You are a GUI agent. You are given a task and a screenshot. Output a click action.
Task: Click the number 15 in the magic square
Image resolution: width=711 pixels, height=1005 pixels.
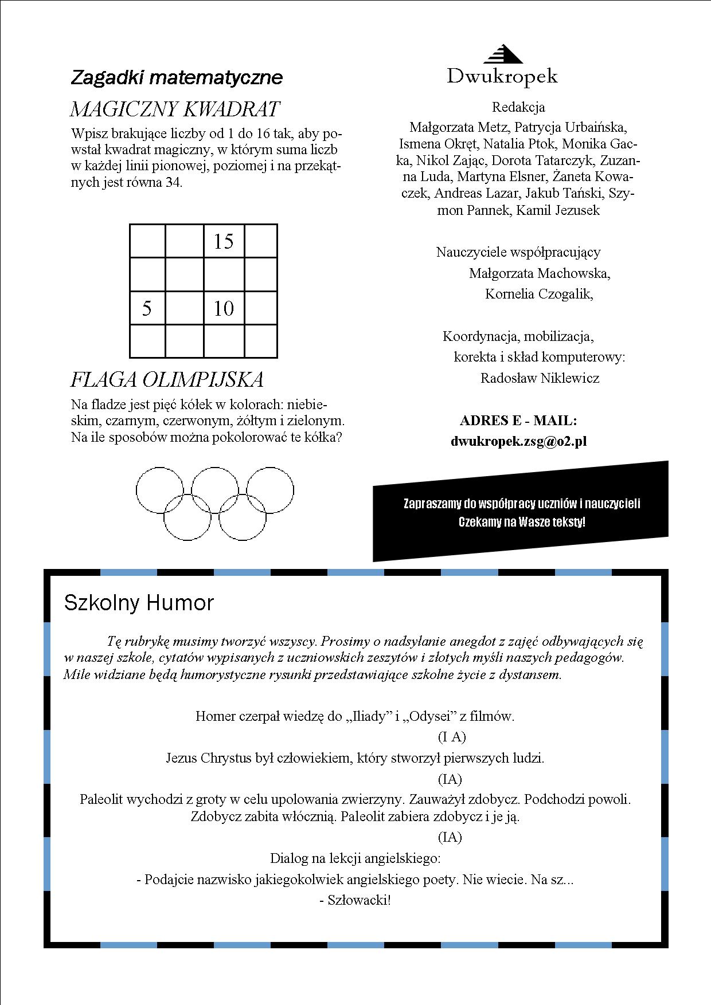[224, 242]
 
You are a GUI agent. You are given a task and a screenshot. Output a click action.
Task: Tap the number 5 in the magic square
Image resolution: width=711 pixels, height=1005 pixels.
[147, 309]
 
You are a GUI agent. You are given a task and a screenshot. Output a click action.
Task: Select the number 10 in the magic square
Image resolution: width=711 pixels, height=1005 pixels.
[224, 309]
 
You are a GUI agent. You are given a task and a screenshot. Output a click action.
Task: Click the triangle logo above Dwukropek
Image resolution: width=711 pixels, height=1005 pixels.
[502, 54]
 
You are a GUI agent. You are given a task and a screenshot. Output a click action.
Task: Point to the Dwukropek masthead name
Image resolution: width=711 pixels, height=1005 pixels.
[502, 76]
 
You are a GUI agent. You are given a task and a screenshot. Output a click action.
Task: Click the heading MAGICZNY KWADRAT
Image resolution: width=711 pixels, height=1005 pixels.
[175, 109]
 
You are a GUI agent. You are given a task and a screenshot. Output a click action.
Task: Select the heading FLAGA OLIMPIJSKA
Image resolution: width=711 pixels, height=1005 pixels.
[167, 379]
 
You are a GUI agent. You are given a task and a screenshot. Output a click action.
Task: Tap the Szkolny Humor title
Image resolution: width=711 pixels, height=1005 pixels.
[139, 603]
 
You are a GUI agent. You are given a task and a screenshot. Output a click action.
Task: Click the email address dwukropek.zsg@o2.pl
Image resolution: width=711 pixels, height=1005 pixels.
[518, 441]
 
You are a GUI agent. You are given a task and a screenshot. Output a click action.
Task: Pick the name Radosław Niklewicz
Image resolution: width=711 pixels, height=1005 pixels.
[540, 378]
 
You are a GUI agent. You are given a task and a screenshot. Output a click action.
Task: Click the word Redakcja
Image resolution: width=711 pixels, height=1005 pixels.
[518, 107]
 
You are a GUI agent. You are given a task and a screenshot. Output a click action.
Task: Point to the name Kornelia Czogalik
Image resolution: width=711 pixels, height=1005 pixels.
[538, 294]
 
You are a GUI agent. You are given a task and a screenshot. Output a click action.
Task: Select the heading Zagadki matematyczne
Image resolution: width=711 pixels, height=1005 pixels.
[177, 77]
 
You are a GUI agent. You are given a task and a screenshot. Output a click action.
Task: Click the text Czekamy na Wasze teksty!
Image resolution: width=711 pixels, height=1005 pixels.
[522, 522]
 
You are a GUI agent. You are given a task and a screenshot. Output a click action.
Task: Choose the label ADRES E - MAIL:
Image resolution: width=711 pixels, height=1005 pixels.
[518, 421]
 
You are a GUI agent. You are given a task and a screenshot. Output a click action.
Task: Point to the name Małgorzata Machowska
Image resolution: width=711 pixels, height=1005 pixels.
[539, 273]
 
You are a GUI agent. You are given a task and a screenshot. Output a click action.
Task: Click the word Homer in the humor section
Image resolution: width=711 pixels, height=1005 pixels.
[215, 716]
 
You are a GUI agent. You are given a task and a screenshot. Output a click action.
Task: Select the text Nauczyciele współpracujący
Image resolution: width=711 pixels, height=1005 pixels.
[518, 252]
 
